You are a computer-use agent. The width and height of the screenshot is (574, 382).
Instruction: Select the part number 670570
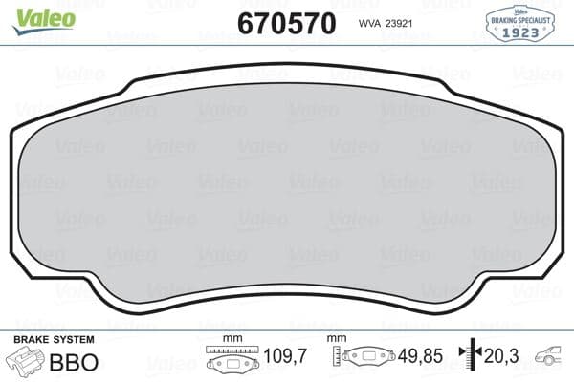[x=286, y=23]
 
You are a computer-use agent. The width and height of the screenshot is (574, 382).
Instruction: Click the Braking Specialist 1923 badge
[x=522, y=23]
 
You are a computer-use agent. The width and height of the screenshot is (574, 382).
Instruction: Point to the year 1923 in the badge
[x=522, y=32]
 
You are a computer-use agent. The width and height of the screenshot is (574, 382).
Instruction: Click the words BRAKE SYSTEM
[x=54, y=340]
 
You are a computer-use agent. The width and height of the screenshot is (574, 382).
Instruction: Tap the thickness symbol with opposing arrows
[x=468, y=358]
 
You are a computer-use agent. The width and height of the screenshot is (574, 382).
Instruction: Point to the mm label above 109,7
[x=231, y=339]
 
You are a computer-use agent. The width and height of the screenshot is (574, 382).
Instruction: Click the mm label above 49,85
[x=336, y=339]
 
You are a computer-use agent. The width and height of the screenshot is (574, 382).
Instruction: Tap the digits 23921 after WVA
[x=399, y=25]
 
